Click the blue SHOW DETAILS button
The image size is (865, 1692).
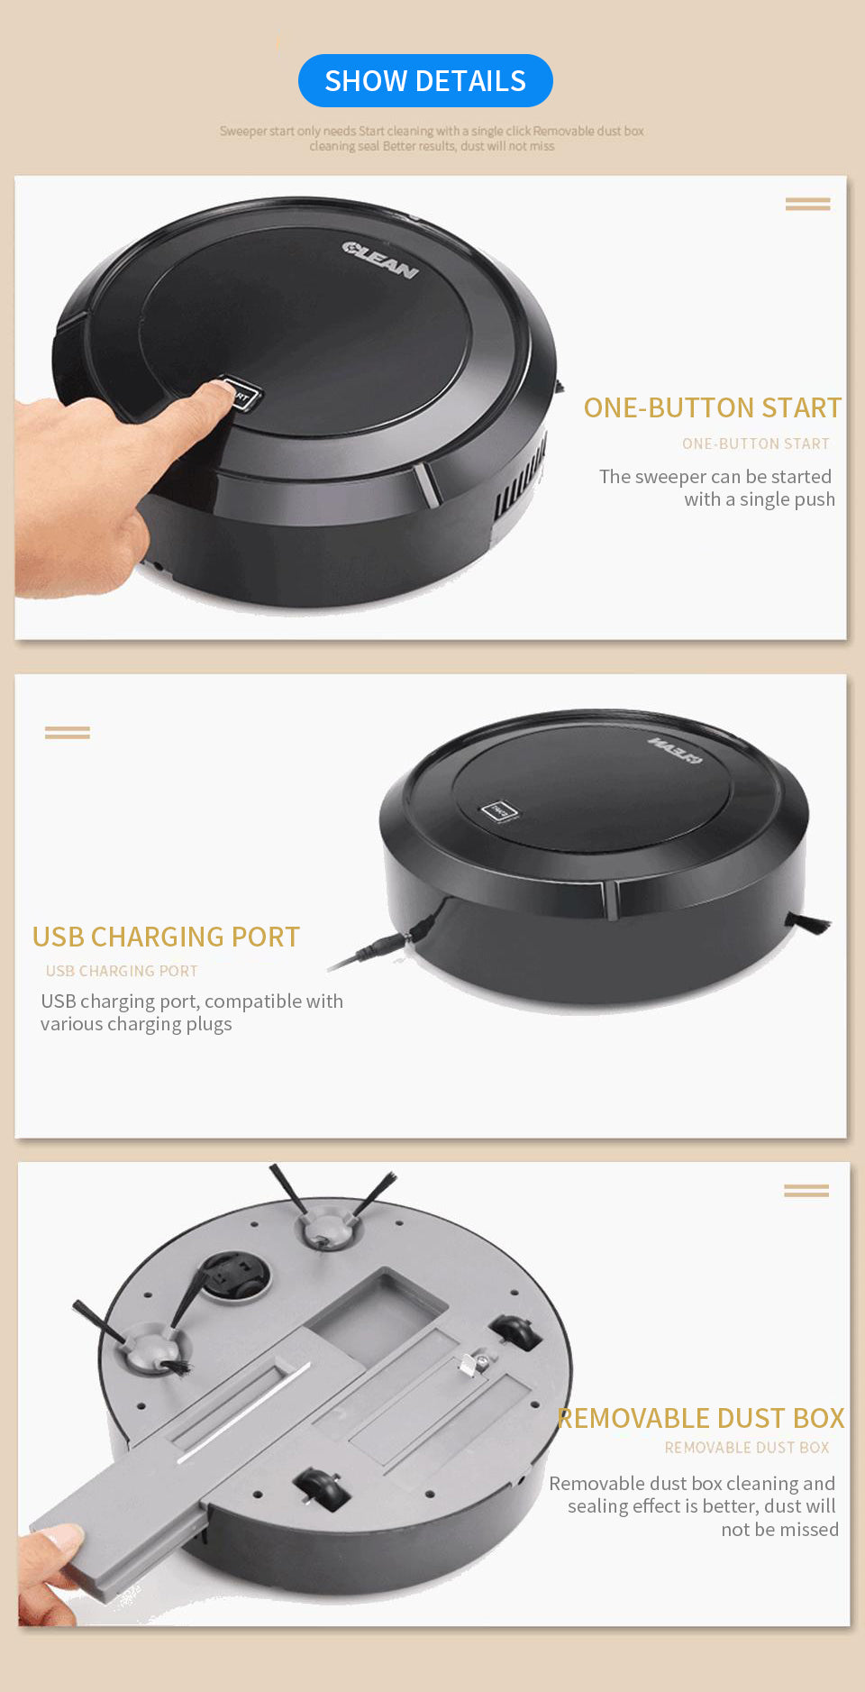[425, 80]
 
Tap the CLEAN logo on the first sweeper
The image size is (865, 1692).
[380, 260]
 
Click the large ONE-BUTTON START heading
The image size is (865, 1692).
[713, 407]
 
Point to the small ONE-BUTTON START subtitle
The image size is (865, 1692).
[756, 444]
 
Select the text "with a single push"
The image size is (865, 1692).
[760, 499]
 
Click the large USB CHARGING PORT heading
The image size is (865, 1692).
[166, 937]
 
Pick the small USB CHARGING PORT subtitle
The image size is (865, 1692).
[122, 971]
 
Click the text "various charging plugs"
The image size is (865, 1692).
[136, 1024]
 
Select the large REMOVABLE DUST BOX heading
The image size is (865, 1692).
[701, 1418]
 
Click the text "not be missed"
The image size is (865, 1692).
[779, 1529]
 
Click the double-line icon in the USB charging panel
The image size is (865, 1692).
[68, 733]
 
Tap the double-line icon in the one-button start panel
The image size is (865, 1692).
[807, 205]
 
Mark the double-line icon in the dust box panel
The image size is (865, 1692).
[806, 1191]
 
